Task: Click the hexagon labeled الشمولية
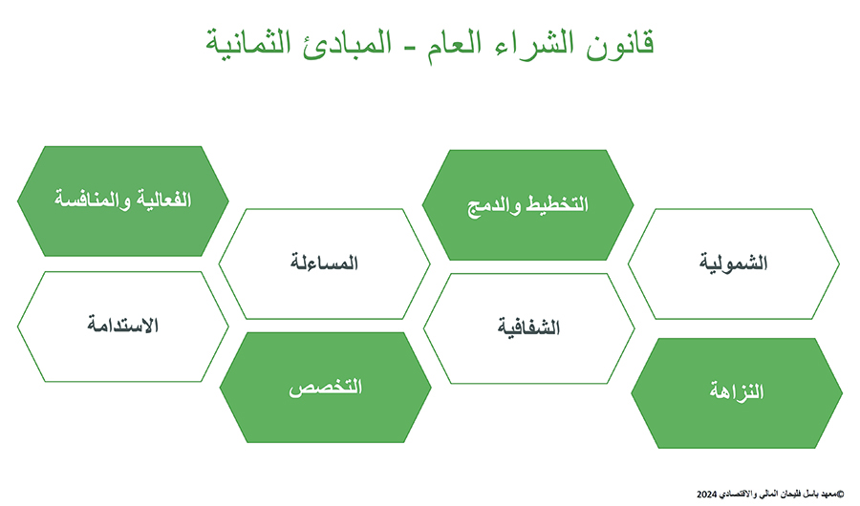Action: pyautogui.click(x=734, y=264)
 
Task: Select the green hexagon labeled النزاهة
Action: pyautogui.click(x=737, y=393)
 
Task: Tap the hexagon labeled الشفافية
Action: pyautogui.click(x=528, y=328)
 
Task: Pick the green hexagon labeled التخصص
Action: pyautogui.click(x=325, y=387)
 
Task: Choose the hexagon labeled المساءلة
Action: pyautogui.click(x=324, y=264)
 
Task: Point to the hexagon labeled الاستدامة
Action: pyautogui.click(x=123, y=327)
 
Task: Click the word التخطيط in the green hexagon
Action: pyautogui.click(x=557, y=204)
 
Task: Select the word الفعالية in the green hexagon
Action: pyautogui.click(x=164, y=200)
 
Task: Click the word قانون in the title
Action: pyautogui.click(x=620, y=44)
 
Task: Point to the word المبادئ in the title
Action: pyautogui.click(x=347, y=43)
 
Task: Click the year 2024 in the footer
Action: pyautogui.click(x=706, y=495)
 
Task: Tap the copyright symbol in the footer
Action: pyautogui.click(x=840, y=494)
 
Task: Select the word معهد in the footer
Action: pyautogui.click(x=828, y=495)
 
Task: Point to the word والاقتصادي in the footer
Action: pyautogui.click(x=737, y=495)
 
